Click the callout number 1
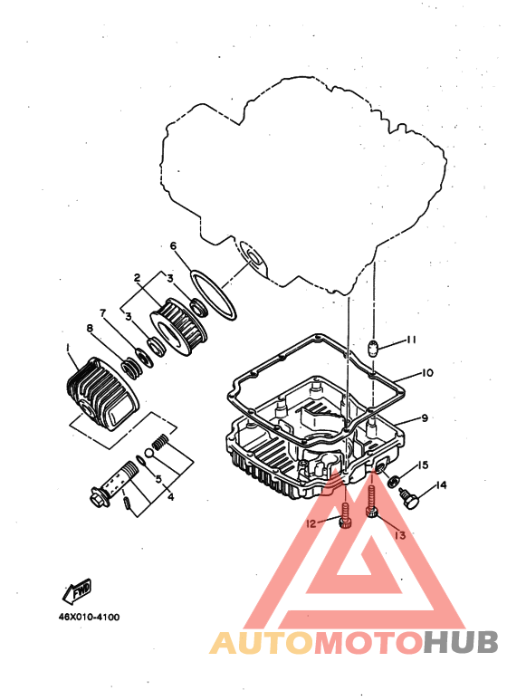(x=68, y=347)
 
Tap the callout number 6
(x=173, y=246)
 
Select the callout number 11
(x=412, y=340)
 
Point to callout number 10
(x=427, y=372)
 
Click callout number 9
(x=425, y=417)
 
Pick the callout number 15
(x=422, y=465)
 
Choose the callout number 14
(x=441, y=484)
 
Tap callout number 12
(x=311, y=523)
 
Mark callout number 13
(x=400, y=534)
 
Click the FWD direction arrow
(x=77, y=591)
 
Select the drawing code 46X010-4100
(x=90, y=618)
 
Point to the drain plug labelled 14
(x=409, y=499)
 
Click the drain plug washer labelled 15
(x=394, y=482)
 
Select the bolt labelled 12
(x=346, y=515)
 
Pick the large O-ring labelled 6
(x=213, y=294)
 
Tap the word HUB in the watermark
(x=460, y=643)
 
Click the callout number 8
(x=90, y=329)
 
